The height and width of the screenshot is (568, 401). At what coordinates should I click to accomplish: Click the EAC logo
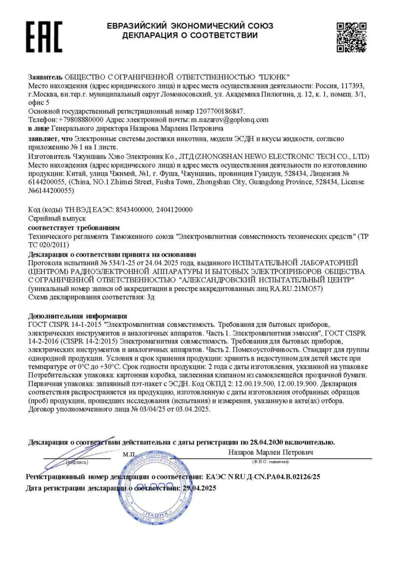tap(44, 36)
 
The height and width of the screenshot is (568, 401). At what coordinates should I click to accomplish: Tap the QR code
tap(351, 37)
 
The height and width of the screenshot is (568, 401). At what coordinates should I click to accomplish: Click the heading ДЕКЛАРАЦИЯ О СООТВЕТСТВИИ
tap(190, 35)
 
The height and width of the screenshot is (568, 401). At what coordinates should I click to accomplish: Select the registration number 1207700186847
tap(220, 111)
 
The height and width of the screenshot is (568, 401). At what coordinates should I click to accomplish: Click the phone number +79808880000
tap(81, 120)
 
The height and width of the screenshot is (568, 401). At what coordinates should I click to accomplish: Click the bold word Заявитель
tap(45, 77)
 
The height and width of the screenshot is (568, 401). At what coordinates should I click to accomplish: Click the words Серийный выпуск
tap(57, 218)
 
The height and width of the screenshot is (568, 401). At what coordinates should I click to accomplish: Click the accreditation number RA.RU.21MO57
tap(296, 289)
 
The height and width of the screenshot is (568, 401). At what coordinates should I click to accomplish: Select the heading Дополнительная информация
tap(78, 316)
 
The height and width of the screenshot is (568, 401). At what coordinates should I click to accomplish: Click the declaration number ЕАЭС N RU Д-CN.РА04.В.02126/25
tap(263, 477)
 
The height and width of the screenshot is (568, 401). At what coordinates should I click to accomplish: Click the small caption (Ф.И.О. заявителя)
tap(270, 462)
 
